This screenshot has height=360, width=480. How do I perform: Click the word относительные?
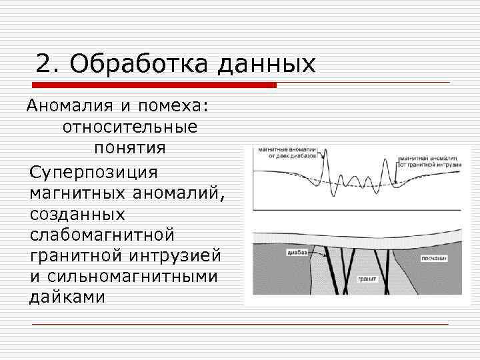click(130, 126)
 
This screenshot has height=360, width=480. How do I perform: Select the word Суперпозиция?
click(93, 171)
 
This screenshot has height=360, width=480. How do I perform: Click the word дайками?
click(67, 297)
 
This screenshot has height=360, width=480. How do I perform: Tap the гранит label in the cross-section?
click(366, 279)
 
